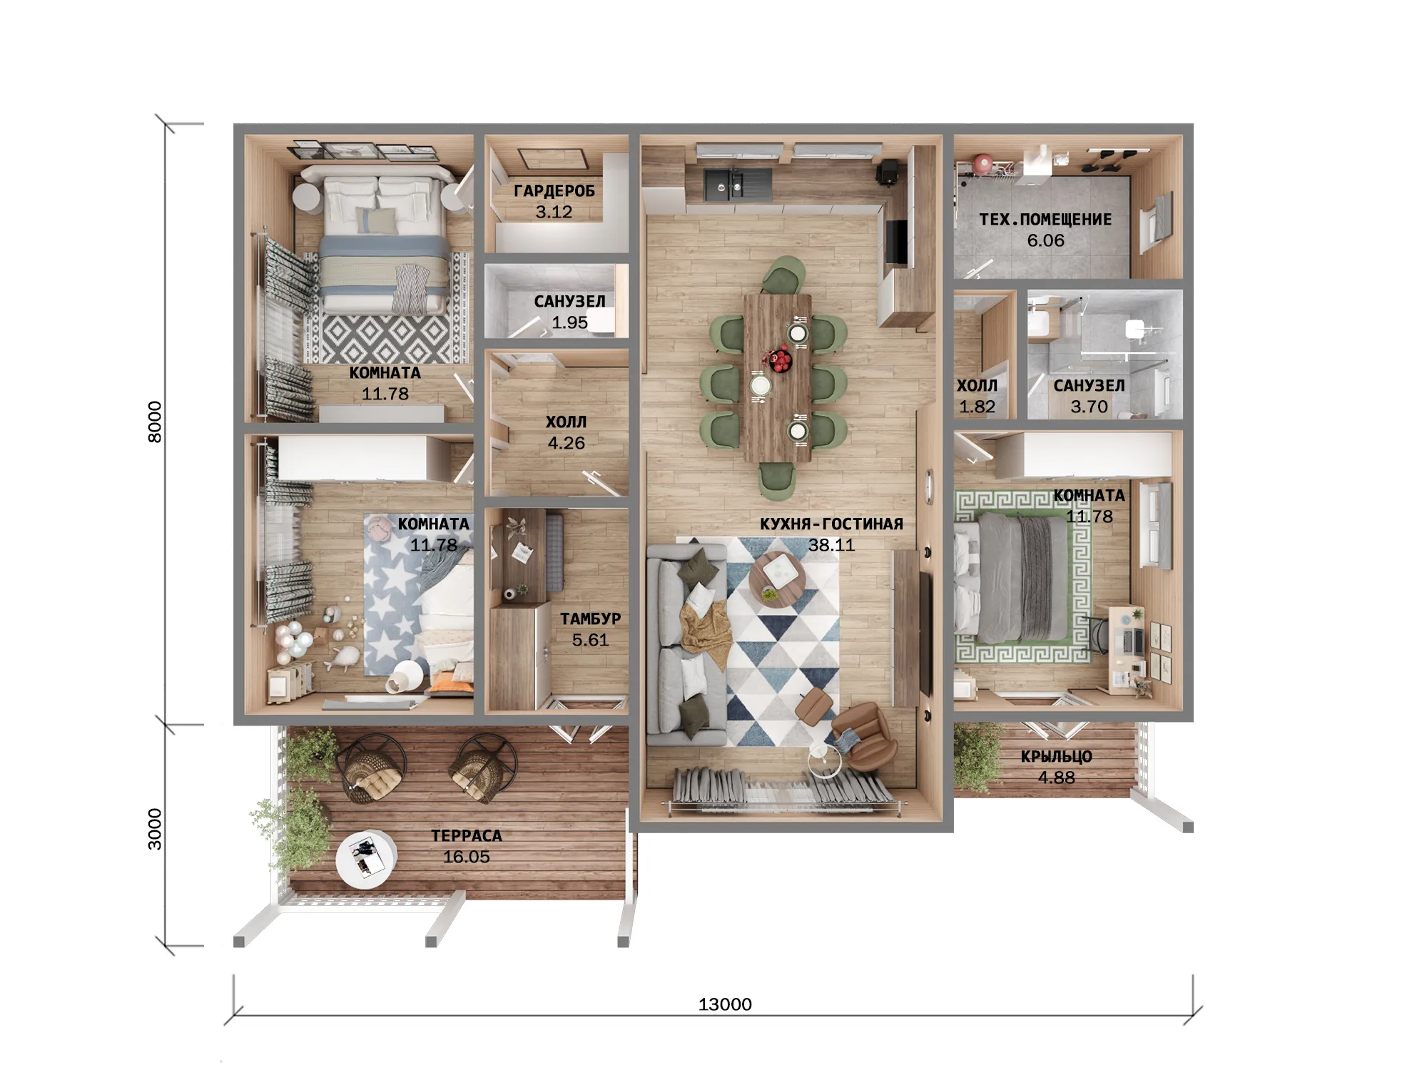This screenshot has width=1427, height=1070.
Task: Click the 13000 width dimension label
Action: pos(725,1004)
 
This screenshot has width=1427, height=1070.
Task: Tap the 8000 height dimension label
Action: pos(155,422)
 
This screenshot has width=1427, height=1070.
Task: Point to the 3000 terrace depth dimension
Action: pos(155,829)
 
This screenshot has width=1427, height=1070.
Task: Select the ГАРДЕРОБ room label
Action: pos(554,191)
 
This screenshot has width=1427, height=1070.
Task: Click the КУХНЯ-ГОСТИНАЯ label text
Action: pos(831,524)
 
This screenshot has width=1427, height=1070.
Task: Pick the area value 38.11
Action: pos(831,545)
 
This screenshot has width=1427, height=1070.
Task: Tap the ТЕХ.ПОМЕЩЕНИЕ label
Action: pos(1045,220)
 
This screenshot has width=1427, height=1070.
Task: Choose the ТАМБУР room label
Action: pos(590,619)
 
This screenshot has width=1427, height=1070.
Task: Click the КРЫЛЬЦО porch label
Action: pos(1056,757)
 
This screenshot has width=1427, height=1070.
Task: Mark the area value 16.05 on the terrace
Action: pos(467,857)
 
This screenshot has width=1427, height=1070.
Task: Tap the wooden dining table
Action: pos(777,378)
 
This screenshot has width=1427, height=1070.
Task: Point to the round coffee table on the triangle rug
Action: pos(778,579)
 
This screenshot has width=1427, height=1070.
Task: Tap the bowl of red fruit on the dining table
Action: pos(777,358)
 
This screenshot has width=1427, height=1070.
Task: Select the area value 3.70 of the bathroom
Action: pos(1089,407)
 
